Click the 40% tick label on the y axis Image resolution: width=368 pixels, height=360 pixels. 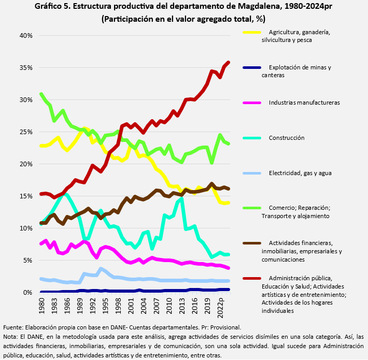click(25, 36)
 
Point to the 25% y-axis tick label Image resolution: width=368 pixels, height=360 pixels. click(25, 132)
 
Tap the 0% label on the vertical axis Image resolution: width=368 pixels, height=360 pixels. click(27, 293)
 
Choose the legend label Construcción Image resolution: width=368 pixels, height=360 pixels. click(286, 138)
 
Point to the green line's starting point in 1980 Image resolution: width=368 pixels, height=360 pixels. click(41, 94)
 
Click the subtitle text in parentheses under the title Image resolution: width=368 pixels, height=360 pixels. click(183, 19)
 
